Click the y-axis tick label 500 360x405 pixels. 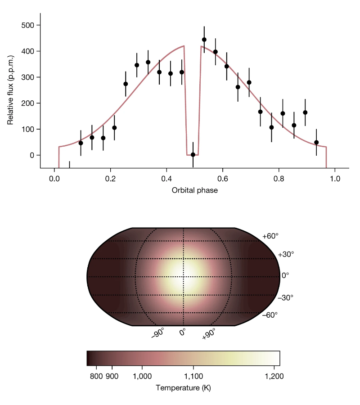click(28, 25)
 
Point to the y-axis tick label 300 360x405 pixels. click(28, 77)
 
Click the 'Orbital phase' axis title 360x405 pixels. click(194, 190)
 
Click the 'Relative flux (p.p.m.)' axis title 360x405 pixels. click(11, 90)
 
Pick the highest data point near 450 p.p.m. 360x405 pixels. click(204, 40)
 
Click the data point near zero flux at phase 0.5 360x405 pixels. click(193, 154)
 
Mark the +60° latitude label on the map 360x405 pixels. click(270, 236)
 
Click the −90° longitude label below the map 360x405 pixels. click(157, 333)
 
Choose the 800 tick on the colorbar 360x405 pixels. click(96, 376)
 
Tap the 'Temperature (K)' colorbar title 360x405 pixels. click(183, 388)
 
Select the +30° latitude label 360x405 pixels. click(285, 254)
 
